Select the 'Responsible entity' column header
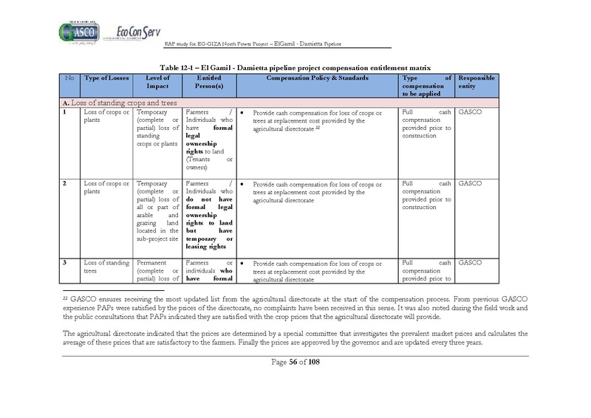[477, 82]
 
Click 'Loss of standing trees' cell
[103, 267]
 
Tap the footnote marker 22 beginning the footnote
[65, 297]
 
